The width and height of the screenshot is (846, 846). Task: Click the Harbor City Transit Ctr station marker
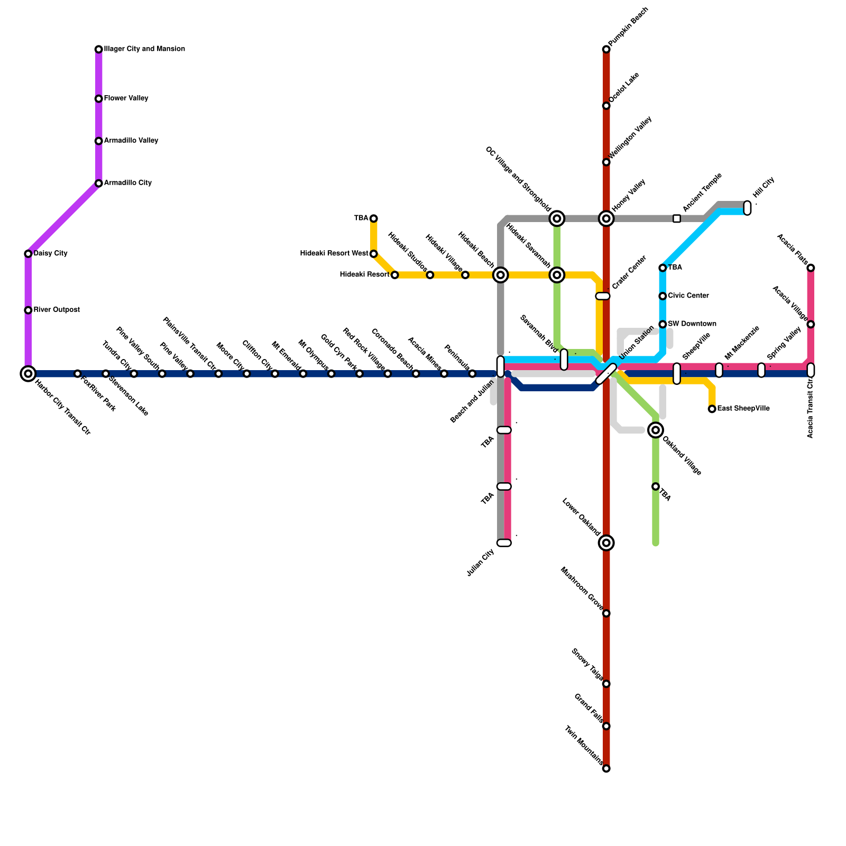point(28,374)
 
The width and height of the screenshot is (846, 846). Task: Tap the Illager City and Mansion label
point(144,49)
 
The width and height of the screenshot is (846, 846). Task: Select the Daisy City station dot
point(28,254)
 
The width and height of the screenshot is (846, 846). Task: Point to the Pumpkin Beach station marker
point(606,50)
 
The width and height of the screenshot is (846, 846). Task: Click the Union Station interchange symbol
point(606,374)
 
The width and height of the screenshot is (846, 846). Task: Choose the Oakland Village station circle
point(656,430)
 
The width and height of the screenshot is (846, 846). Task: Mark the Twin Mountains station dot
point(606,768)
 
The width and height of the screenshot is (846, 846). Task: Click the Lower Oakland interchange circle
point(606,542)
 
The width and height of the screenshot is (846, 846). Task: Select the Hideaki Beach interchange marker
point(501,275)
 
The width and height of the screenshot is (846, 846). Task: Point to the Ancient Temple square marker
point(677,218)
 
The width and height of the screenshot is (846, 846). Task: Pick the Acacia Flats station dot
point(811,268)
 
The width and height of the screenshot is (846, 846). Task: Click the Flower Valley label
point(126,98)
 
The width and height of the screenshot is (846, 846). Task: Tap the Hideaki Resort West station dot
point(374,254)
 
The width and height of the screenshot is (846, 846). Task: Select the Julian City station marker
point(504,543)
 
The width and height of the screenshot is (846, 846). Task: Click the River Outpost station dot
point(28,310)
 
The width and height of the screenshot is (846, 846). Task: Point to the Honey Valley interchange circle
point(606,218)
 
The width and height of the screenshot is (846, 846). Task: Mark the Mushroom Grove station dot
point(606,613)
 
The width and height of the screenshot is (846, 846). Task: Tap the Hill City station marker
point(747,208)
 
